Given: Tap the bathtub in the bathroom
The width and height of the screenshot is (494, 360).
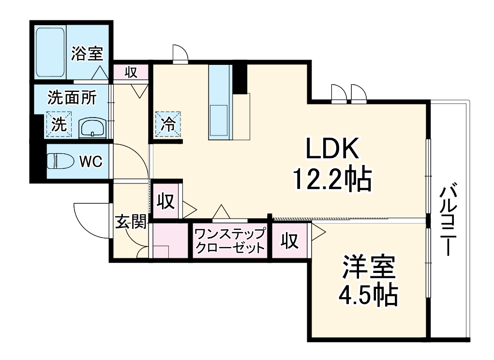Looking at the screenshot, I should tap(50, 52).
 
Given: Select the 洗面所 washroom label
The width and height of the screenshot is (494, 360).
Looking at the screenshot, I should tap(72, 98).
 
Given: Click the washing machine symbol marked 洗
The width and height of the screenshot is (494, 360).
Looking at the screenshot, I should tap(59, 124).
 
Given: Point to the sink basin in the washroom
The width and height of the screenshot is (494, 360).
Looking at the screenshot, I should tap(91, 128).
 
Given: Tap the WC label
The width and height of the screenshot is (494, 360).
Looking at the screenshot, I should tap(90, 162).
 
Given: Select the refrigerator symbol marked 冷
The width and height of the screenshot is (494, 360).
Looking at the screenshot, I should tap(168, 124).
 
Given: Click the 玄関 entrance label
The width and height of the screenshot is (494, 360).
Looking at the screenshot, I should tap(131, 222).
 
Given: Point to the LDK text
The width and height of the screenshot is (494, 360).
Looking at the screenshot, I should tap(332, 150).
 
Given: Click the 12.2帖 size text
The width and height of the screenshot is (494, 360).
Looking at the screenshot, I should tap(331, 180).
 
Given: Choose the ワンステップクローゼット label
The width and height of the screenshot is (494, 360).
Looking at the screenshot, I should tap(230, 240).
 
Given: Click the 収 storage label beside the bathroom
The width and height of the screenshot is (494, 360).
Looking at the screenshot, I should tap(131, 73).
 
